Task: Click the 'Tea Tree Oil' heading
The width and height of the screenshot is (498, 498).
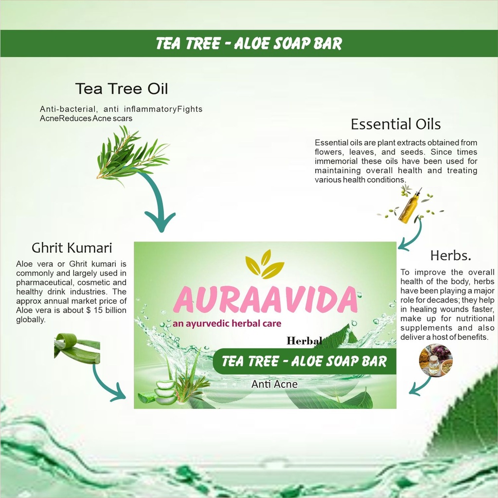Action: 121,89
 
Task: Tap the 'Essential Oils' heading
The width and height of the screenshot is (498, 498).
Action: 396,124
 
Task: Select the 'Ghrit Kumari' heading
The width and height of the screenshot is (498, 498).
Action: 72,248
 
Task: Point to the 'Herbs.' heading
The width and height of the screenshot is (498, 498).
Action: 451,256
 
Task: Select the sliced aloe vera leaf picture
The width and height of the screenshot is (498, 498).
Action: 77,348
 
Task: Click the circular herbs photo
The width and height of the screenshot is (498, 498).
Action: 436,360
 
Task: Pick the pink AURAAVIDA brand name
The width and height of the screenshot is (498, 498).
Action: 266,299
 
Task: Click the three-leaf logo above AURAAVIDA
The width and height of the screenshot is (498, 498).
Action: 265,264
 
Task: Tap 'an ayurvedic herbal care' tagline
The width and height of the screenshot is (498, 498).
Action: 227,324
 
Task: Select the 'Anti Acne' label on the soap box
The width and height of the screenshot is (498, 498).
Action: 274,384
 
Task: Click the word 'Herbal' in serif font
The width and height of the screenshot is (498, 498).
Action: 304,341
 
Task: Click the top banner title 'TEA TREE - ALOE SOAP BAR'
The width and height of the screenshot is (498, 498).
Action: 249,43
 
